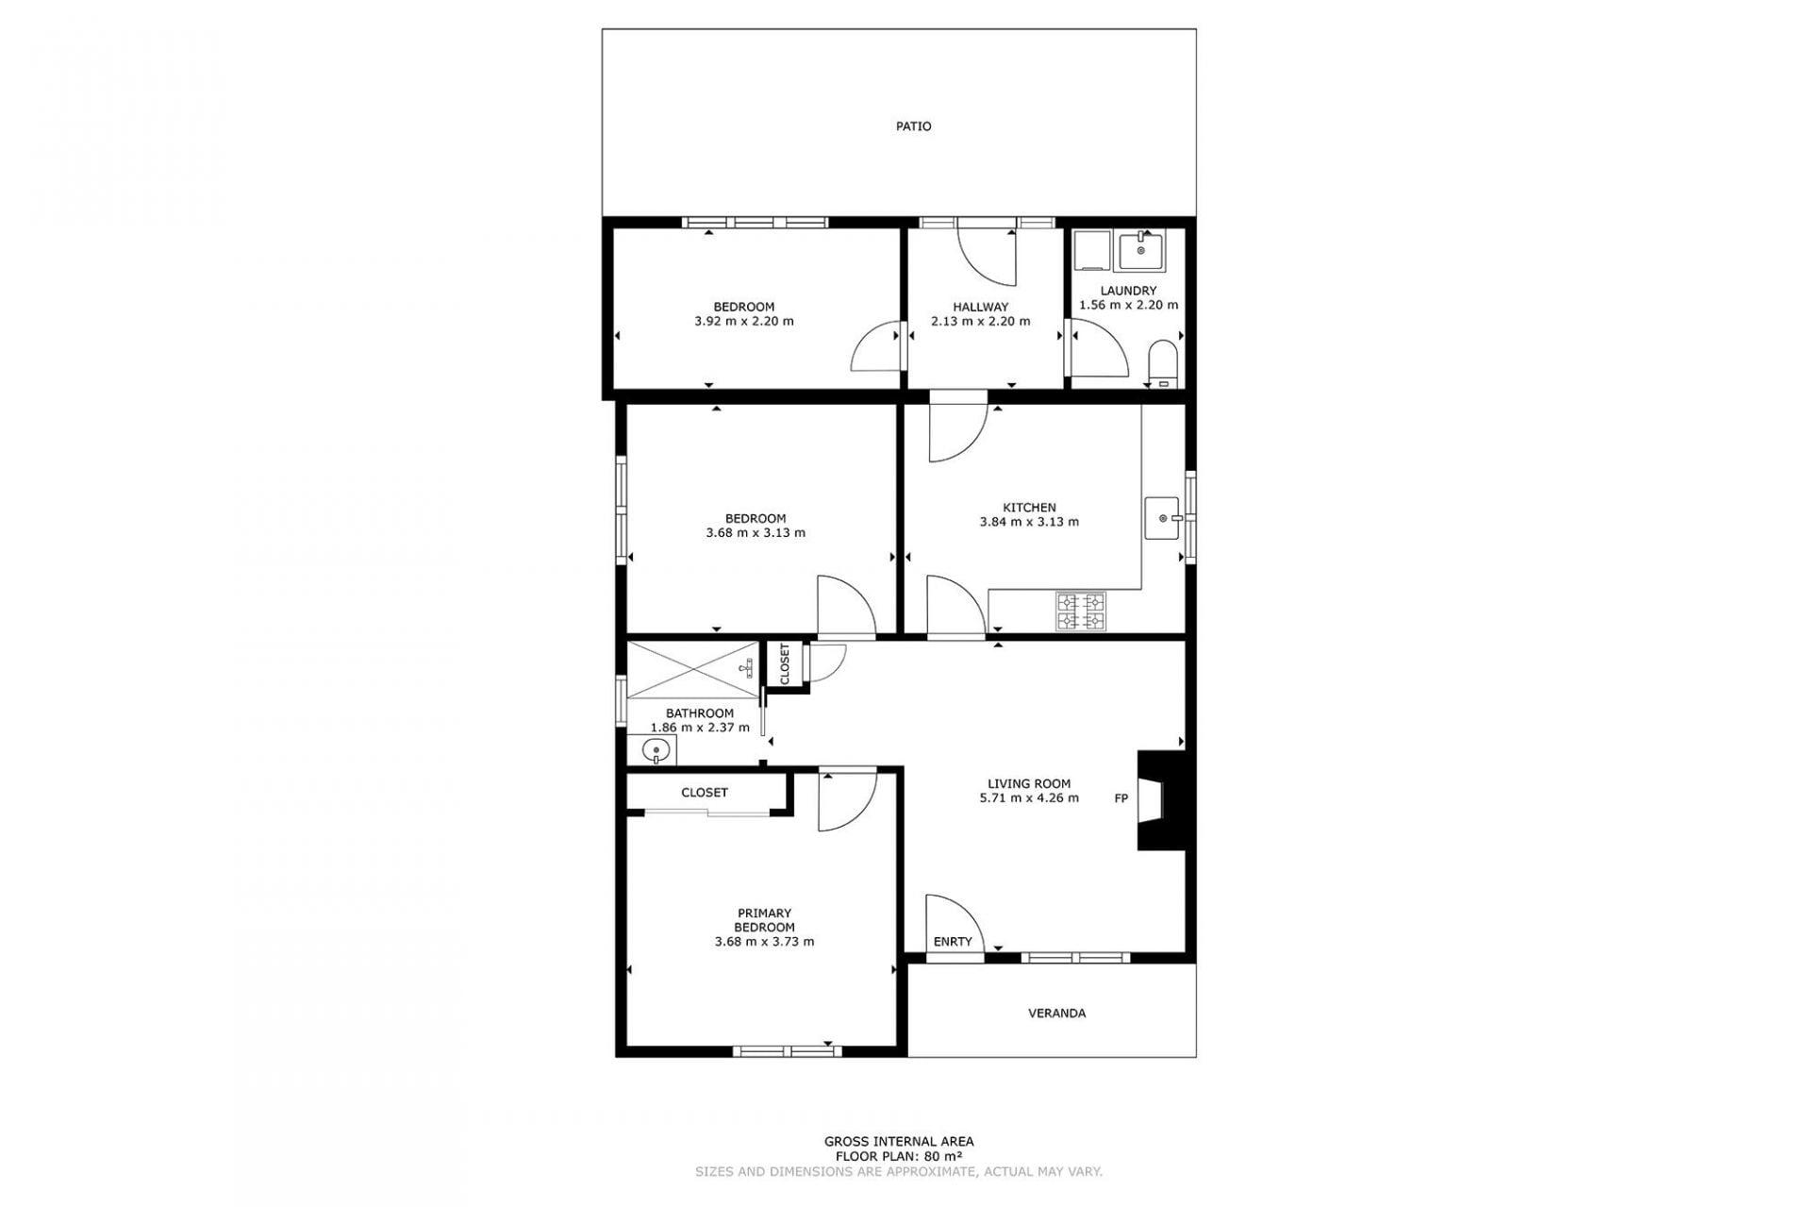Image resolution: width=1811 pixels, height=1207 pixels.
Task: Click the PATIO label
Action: click(x=913, y=126)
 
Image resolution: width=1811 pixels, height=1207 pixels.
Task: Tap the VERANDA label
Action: click(x=1056, y=1013)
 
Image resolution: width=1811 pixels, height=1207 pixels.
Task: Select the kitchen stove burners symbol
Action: click(x=1081, y=611)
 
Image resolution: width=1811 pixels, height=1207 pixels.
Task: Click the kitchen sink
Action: click(x=1164, y=518)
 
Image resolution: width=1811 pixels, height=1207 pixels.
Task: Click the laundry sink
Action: click(x=1141, y=250)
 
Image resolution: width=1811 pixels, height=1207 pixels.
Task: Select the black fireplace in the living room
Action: click(x=1161, y=800)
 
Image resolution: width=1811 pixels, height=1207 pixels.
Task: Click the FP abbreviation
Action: click(x=1121, y=798)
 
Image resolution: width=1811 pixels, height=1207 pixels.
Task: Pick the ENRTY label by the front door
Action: click(x=953, y=942)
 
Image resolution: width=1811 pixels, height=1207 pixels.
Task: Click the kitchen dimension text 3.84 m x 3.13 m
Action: click(x=1029, y=521)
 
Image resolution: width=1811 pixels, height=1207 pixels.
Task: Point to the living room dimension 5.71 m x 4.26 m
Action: click(x=1029, y=797)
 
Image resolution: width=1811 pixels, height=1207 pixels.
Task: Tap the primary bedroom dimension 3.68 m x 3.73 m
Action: click(x=764, y=941)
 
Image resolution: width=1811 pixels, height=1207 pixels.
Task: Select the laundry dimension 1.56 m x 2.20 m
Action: click(x=1128, y=305)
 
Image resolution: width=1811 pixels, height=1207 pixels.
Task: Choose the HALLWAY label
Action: click(x=980, y=307)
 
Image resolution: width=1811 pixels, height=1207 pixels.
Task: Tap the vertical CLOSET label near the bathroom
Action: click(x=785, y=664)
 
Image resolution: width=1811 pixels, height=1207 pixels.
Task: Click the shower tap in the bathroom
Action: click(x=746, y=668)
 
